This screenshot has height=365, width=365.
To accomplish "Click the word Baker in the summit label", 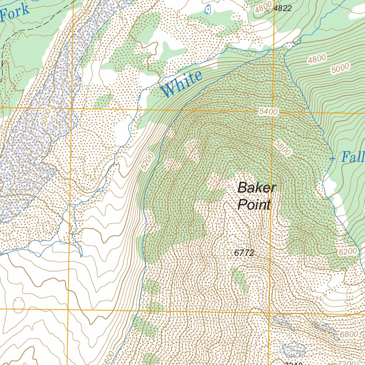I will tap(257, 187).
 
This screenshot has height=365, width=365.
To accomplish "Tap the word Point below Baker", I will tap(254, 205).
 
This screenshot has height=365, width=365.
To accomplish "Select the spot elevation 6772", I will tap(244, 253).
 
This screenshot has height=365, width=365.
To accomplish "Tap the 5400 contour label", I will tap(268, 112).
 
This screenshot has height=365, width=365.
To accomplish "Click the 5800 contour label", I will tap(283, 147).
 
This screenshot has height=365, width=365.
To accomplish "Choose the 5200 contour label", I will tap(146, 161).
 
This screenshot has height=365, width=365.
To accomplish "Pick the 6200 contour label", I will tap(348, 252).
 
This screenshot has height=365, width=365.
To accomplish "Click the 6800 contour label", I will tap(349, 334).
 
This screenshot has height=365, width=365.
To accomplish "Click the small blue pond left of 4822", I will tap(208, 9).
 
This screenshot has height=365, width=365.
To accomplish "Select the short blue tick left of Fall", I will tap(332, 158).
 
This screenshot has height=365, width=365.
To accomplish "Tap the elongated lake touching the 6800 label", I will tap(326, 330).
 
